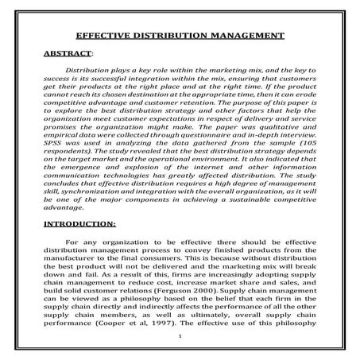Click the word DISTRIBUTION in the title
click(170, 37)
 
